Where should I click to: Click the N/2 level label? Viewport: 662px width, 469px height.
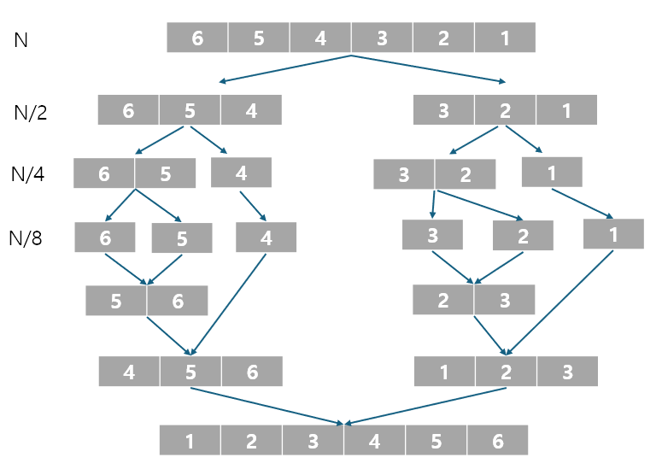[x=31, y=113]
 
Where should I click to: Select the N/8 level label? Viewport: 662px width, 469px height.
[x=26, y=237]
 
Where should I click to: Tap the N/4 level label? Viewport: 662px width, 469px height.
[x=28, y=174]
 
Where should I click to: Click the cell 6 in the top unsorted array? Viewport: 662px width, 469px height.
[x=197, y=38]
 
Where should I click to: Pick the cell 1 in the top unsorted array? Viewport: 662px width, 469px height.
[x=505, y=38]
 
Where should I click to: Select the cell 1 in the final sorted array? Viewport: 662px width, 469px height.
[x=190, y=441]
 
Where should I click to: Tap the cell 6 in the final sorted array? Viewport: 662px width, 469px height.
[x=497, y=441]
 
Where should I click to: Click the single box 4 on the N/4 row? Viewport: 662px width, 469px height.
[x=241, y=173]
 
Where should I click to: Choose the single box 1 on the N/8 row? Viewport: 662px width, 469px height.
[x=613, y=235]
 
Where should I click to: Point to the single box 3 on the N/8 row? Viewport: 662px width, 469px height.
[x=432, y=235]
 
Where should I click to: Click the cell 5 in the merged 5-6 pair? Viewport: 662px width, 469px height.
[x=116, y=301]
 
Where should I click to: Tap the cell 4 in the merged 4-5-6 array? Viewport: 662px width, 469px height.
[x=129, y=372]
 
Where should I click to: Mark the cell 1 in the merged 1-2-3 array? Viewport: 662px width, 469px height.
[x=444, y=372]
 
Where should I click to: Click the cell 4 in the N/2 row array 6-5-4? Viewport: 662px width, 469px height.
[x=251, y=111]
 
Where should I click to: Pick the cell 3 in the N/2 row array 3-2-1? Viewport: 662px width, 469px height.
[x=443, y=111]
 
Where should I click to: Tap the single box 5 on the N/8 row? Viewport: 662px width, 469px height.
[x=182, y=238]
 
